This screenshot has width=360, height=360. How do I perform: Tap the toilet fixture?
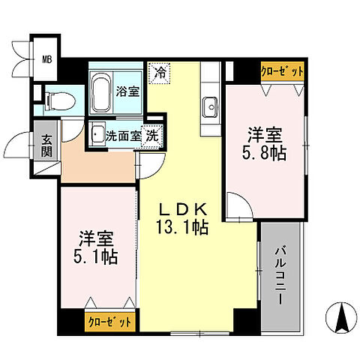pyautogui.click(x=55, y=97)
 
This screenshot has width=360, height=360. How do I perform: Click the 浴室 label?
pyautogui.click(x=127, y=92)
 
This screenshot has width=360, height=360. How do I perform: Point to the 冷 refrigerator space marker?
pyautogui.click(x=159, y=73)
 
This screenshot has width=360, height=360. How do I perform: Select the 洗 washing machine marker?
pyautogui.click(x=152, y=137)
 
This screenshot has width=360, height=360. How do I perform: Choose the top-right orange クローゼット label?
pyautogui.click(x=282, y=72)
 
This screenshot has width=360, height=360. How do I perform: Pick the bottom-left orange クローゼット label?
pyautogui.click(x=110, y=321)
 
